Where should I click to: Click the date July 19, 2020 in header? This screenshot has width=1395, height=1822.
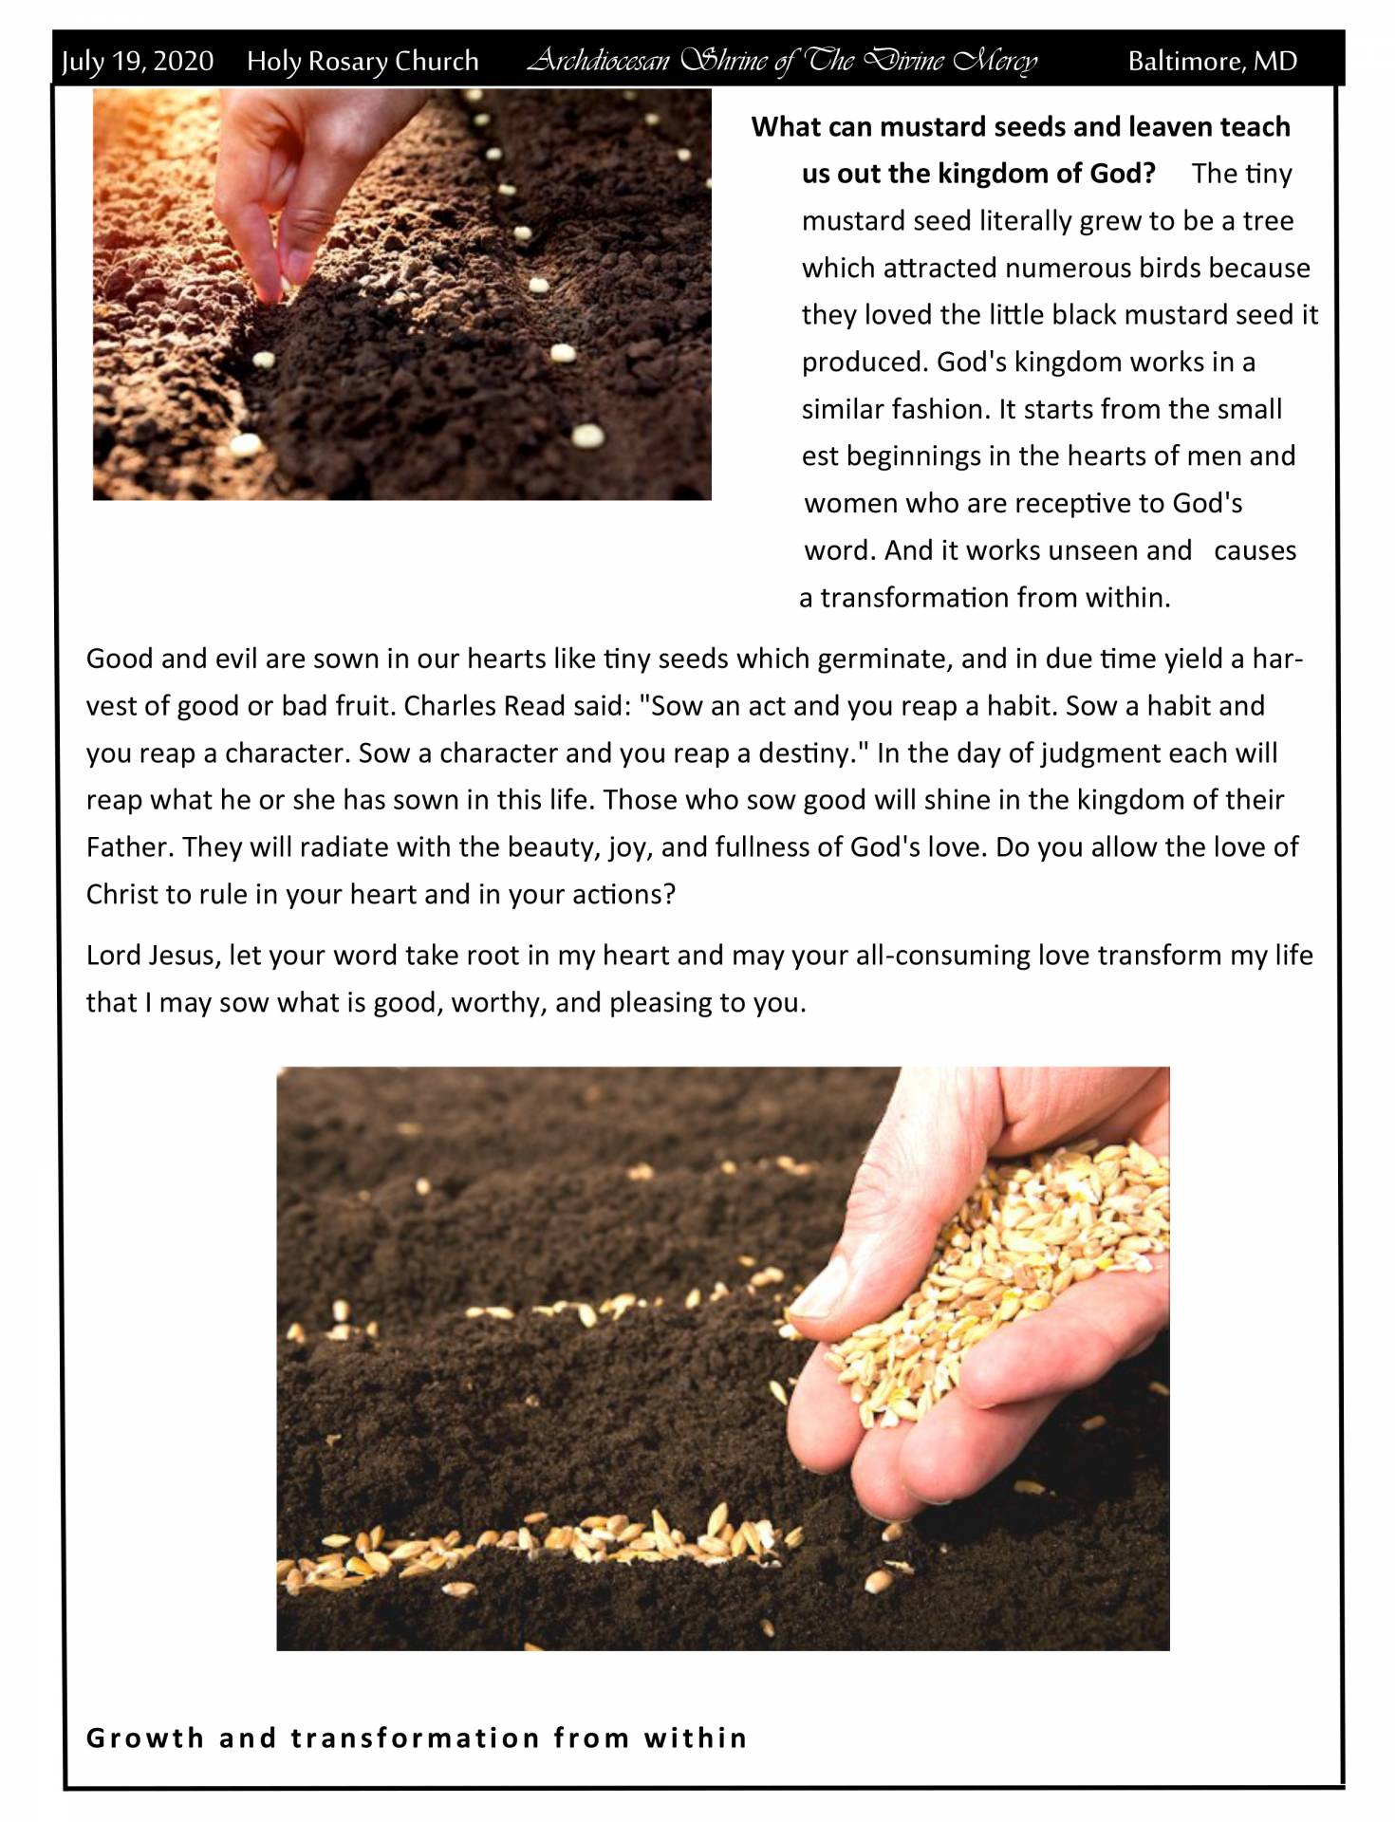(x=138, y=62)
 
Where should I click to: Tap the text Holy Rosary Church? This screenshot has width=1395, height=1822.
(x=363, y=62)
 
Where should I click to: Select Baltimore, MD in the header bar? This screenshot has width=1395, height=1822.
(x=1212, y=62)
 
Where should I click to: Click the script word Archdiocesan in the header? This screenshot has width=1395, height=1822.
(x=598, y=62)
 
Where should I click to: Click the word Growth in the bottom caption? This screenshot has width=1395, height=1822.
(x=145, y=1738)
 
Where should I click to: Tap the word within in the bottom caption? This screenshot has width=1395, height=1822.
(x=696, y=1738)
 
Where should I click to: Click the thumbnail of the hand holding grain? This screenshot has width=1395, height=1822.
(x=722, y=1358)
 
